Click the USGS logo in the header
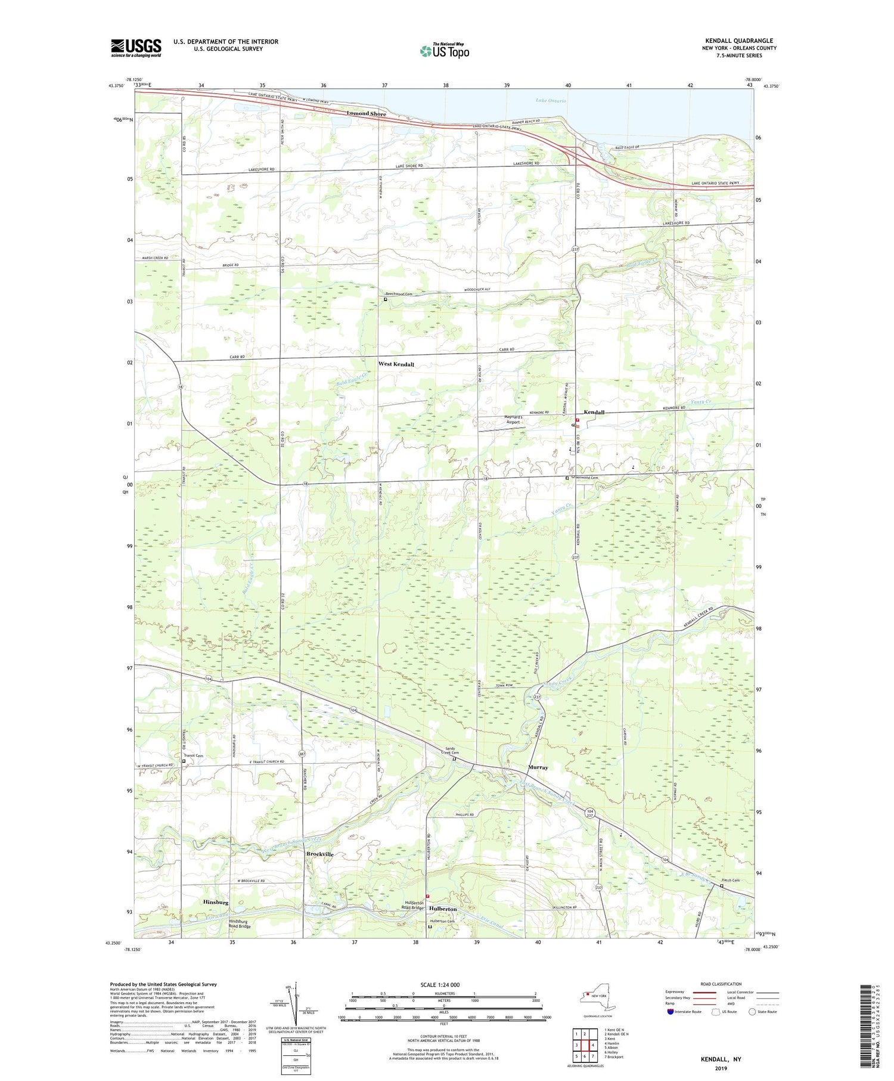[136, 48]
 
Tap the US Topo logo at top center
[445, 51]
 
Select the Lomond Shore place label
[367, 114]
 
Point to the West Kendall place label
[396, 364]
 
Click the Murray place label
[538, 767]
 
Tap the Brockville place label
[320, 854]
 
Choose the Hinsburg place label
[216, 903]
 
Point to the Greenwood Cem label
[585, 478]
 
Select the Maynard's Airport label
[513, 419]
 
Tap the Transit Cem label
[194, 756]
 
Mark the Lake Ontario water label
[551, 101]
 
